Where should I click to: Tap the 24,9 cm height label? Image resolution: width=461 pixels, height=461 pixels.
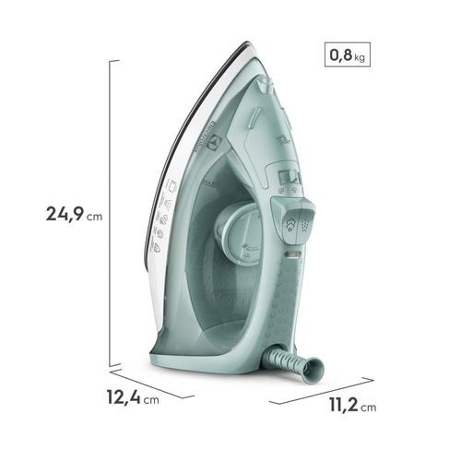pos(77,215)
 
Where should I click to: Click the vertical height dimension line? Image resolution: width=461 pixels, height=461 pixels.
pos(114,213)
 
